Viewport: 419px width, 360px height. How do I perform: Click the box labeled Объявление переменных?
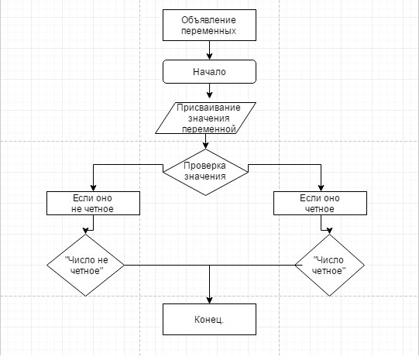209,25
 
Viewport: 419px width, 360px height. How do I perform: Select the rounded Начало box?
209,71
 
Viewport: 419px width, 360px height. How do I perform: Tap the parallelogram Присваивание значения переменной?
205,118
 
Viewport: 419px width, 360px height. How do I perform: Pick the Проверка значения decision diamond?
205,172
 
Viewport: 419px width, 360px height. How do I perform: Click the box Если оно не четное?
93,203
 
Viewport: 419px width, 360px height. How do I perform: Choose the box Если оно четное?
320,203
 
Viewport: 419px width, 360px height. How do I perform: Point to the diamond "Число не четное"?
85,266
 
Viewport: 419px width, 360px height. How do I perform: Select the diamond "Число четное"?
329,266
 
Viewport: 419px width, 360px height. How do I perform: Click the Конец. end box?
209,319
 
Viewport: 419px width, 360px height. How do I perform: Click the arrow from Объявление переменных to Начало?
209,50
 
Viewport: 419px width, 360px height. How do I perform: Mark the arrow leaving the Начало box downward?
209,91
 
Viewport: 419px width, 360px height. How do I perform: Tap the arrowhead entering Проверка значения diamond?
205,145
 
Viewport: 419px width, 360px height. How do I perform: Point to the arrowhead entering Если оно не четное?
93,187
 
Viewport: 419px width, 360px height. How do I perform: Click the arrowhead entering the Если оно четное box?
321,187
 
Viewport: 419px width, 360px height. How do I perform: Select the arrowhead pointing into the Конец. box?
209,300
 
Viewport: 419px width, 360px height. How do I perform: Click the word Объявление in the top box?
208,20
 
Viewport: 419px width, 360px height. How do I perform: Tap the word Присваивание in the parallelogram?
208,108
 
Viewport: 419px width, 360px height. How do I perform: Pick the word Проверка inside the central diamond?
204,166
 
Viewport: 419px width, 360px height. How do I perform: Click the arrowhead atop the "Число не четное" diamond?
85,231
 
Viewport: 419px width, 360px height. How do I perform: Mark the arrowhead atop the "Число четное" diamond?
329,231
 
